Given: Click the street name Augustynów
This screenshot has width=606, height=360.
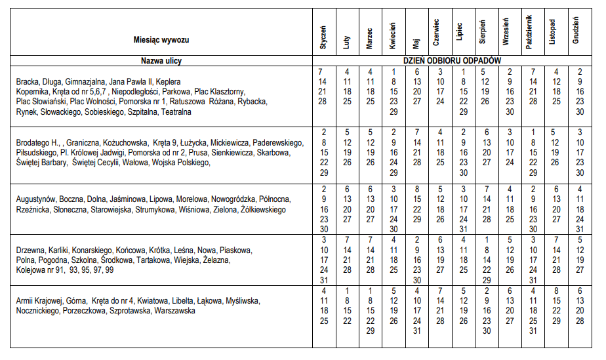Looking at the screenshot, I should pyautogui.click(x=36, y=198).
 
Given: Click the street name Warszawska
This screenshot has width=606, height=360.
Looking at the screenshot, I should pyautogui.click(x=174, y=311).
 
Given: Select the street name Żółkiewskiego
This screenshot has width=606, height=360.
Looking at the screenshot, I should pyautogui.click(x=264, y=210).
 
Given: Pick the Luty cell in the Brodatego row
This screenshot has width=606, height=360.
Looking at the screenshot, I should pyautogui.click(x=346, y=152).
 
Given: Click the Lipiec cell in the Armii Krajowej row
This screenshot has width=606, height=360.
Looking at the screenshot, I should pyautogui.click(x=462, y=306).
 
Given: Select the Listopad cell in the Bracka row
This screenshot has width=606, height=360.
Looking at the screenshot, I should pyautogui.click(x=555, y=86).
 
